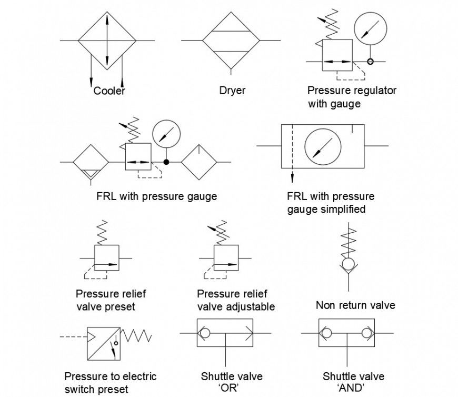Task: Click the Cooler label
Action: tap(109, 91)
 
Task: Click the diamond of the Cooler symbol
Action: tap(107, 41)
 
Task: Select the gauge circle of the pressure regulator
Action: tap(370, 28)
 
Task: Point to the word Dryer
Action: tap(232, 91)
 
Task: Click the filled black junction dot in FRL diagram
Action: tap(167, 162)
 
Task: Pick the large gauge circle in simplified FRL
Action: tap(323, 146)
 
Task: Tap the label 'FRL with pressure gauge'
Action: tap(156, 196)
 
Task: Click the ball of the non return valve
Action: tap(348, 263)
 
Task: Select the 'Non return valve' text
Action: tap(355, 305)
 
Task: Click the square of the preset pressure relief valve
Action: tap(106, 258)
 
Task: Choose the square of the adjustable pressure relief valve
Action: tap(226, 258)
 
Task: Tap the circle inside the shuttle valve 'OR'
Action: tap(205, 333)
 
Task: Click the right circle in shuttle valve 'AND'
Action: tap(366, 333)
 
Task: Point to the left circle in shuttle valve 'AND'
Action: tap(327, 333)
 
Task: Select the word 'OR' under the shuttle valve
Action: tap(232, 389)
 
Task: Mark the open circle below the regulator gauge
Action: tap(370, 62)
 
